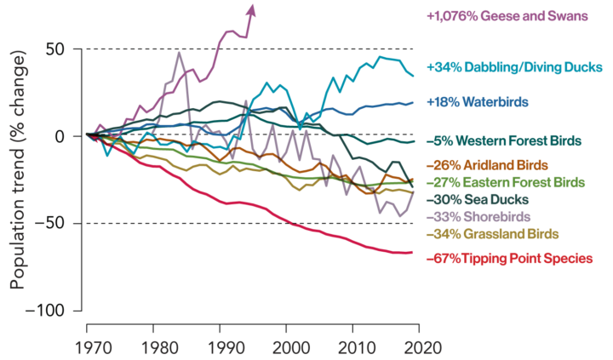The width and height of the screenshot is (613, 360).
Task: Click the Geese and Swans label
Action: point(507,15)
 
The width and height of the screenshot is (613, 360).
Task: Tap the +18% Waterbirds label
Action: point(477,102)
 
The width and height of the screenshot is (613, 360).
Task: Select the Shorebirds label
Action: point(482,216)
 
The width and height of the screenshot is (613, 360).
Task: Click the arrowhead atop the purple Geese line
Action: point(250,9)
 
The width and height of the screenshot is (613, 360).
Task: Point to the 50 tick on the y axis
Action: point(55,49)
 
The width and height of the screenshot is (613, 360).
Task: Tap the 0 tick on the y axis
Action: point(60,135)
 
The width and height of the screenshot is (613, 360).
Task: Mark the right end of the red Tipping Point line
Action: point(414,253)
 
